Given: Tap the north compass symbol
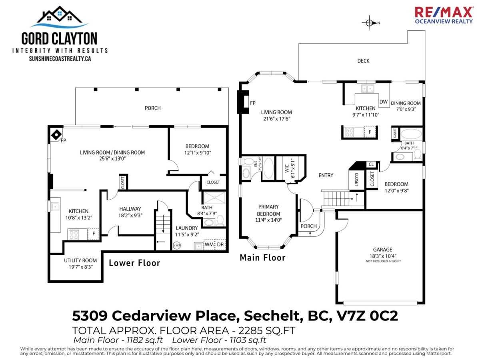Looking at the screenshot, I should (x=370, y=23).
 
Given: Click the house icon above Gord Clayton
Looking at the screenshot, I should (x=59, y=16).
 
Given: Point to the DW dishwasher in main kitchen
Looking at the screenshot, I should (x=383, y=102).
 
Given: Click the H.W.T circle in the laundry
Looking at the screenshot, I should (x=177, y=245).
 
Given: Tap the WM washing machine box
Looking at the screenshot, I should (x=209, y=244).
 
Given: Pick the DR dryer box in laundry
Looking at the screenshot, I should (x=220, y=244).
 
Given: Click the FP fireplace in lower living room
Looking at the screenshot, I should (x=56, y=134).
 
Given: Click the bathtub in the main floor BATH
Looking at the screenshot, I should (x=411, y=134).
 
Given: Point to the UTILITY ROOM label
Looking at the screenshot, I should (x=80, y=260).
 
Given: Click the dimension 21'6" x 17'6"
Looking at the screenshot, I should (x=276, y=119).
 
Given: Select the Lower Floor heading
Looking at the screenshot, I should (x=134, y=263).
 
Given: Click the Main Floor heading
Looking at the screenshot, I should (x=262, y=258).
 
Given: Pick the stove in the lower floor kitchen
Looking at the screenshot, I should (x=74, y=234).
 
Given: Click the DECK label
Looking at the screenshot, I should (x=363, y=61).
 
